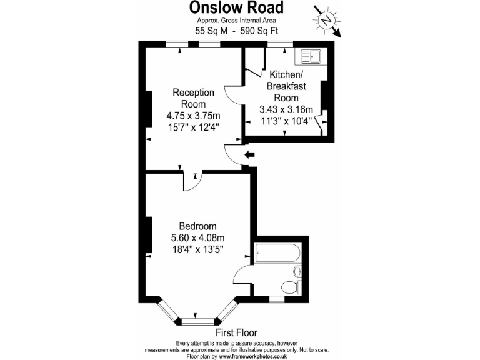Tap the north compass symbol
pos(326,21)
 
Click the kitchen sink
pos(311,57)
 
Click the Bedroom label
pos(197,226)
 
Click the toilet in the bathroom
pos(290,287)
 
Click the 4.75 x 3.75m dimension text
pos(193,116)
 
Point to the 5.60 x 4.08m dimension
pos(197,237)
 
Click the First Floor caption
pos(236,333)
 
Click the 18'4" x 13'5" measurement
pos(197,249)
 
